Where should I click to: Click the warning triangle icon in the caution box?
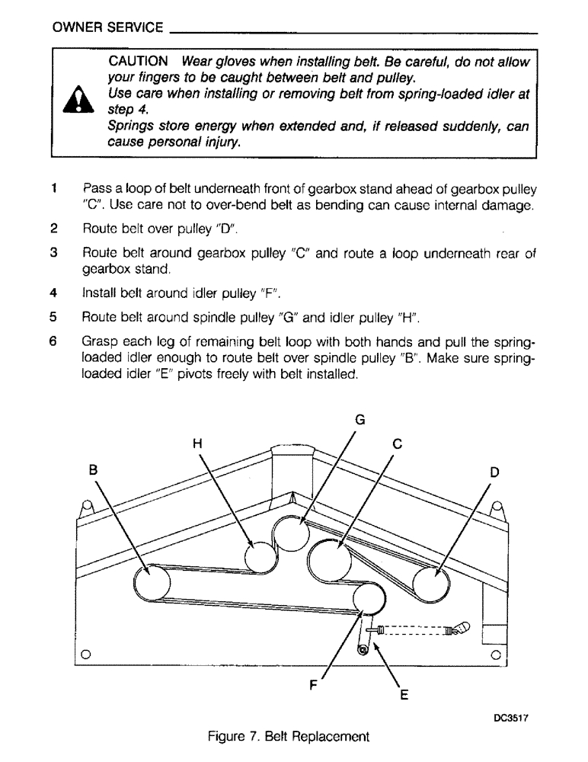tap(77, 104)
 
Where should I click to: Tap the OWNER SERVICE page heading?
tap(107, 28)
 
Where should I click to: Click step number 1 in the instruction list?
tap(54, 188)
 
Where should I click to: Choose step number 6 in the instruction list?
tap(54, 343)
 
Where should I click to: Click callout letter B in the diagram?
tap(94, 471)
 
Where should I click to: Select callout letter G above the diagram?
tap(360, 420)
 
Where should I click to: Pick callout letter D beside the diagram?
tap(494, 472)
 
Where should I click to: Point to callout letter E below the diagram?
tap(404, 695)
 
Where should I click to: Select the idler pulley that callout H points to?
tap(260, 559)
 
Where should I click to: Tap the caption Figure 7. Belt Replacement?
tap(289, 737)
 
